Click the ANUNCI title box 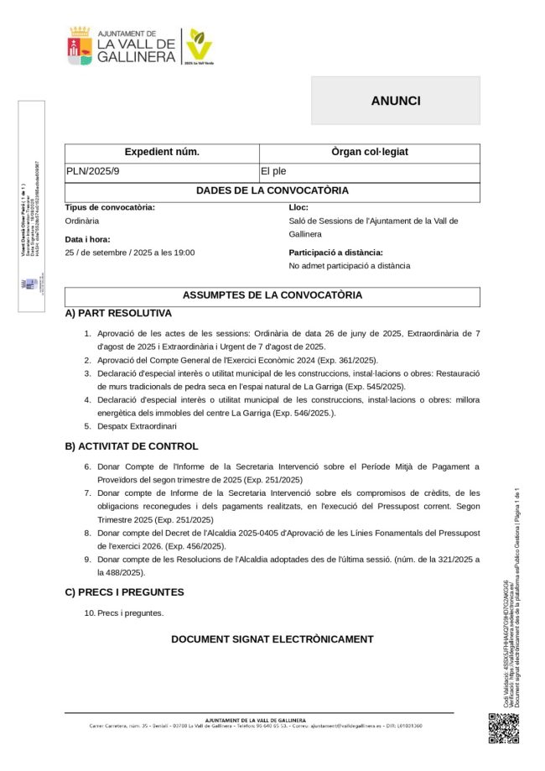395,101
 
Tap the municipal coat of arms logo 80,46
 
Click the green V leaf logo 199,44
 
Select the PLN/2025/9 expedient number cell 93,172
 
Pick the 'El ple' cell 273,172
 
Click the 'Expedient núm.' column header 162,153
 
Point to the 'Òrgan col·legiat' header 369,153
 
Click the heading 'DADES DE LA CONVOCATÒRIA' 272,190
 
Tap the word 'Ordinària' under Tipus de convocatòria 82,221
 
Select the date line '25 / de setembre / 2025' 129,252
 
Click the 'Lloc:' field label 298,206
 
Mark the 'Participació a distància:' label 335,252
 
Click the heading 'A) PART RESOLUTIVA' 118,313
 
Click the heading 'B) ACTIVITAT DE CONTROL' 132,446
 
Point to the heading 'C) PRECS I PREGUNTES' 124,592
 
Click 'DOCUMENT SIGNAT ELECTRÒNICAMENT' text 272,639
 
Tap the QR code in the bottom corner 503,727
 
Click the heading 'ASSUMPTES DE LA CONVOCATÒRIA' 272,295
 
